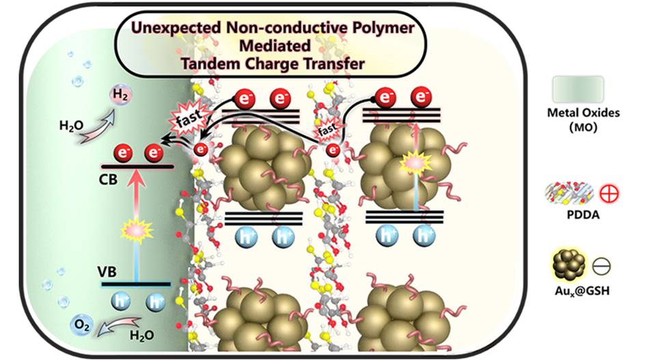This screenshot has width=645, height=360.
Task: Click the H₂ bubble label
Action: (x=120, y=95)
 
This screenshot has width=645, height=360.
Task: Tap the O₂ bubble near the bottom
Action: (x=81, y=325)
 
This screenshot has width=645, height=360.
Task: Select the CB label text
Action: (x=108, y=180)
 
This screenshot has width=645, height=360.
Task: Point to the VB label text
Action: (x=107, y=272)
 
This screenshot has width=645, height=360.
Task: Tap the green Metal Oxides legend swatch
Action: (x=578, y=89)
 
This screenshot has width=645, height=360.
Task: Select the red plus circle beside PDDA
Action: (x=609, y=194)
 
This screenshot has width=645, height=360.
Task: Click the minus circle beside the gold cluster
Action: (x=601, y=266)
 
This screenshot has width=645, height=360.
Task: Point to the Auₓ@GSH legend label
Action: (x=581, y=291)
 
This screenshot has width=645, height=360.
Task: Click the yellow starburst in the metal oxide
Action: (x=136, y=230)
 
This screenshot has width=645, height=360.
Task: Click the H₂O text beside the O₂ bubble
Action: (x=142, y=335)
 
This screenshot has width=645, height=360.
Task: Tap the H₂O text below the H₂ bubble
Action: (x=71, y=125)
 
